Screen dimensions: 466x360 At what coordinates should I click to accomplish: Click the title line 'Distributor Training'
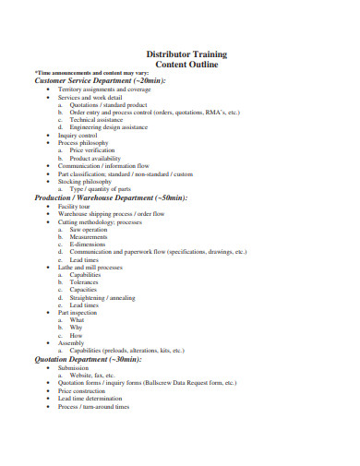click(187, 54)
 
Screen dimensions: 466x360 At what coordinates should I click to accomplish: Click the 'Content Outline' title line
click(187, 65)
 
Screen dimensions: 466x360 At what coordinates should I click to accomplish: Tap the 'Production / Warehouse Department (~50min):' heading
click(111, 197)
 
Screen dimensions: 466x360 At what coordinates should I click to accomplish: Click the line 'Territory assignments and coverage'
click(104, 89)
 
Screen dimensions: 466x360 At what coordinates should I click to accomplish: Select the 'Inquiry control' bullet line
click(77, 135)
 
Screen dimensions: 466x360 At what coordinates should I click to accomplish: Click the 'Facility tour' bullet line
click(73, 206)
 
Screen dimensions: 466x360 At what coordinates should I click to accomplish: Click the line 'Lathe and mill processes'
click(90, 267)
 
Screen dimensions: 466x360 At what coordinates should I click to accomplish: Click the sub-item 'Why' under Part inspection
click(77, 328)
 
